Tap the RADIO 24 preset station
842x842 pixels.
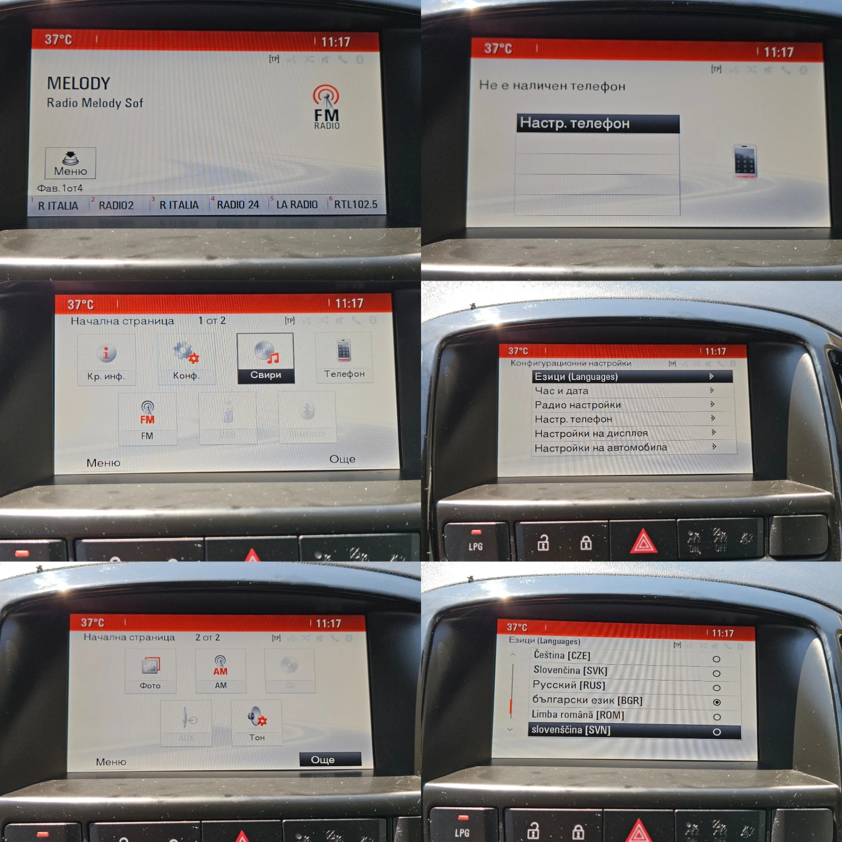point(237,205)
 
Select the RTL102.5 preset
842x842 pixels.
point(355,204)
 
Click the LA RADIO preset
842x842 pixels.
point(296,205)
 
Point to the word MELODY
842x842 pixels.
point(78,83)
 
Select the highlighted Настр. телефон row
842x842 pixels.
point(598,124)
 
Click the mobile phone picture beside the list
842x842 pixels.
point(745,162)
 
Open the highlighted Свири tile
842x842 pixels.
point(265,358)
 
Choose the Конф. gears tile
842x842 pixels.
point(186,359)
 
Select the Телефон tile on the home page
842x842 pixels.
point(344,358)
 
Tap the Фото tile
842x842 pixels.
point(151,671)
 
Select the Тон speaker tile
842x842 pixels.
point(257,722)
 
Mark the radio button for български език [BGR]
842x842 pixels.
point(716,702)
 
